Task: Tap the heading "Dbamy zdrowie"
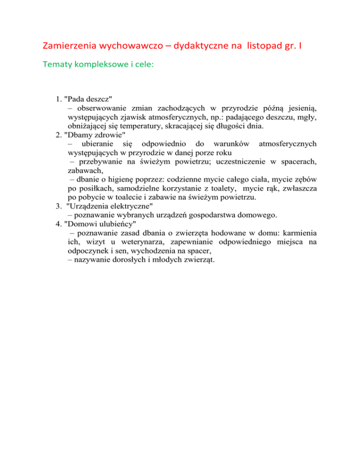point(93,135)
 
